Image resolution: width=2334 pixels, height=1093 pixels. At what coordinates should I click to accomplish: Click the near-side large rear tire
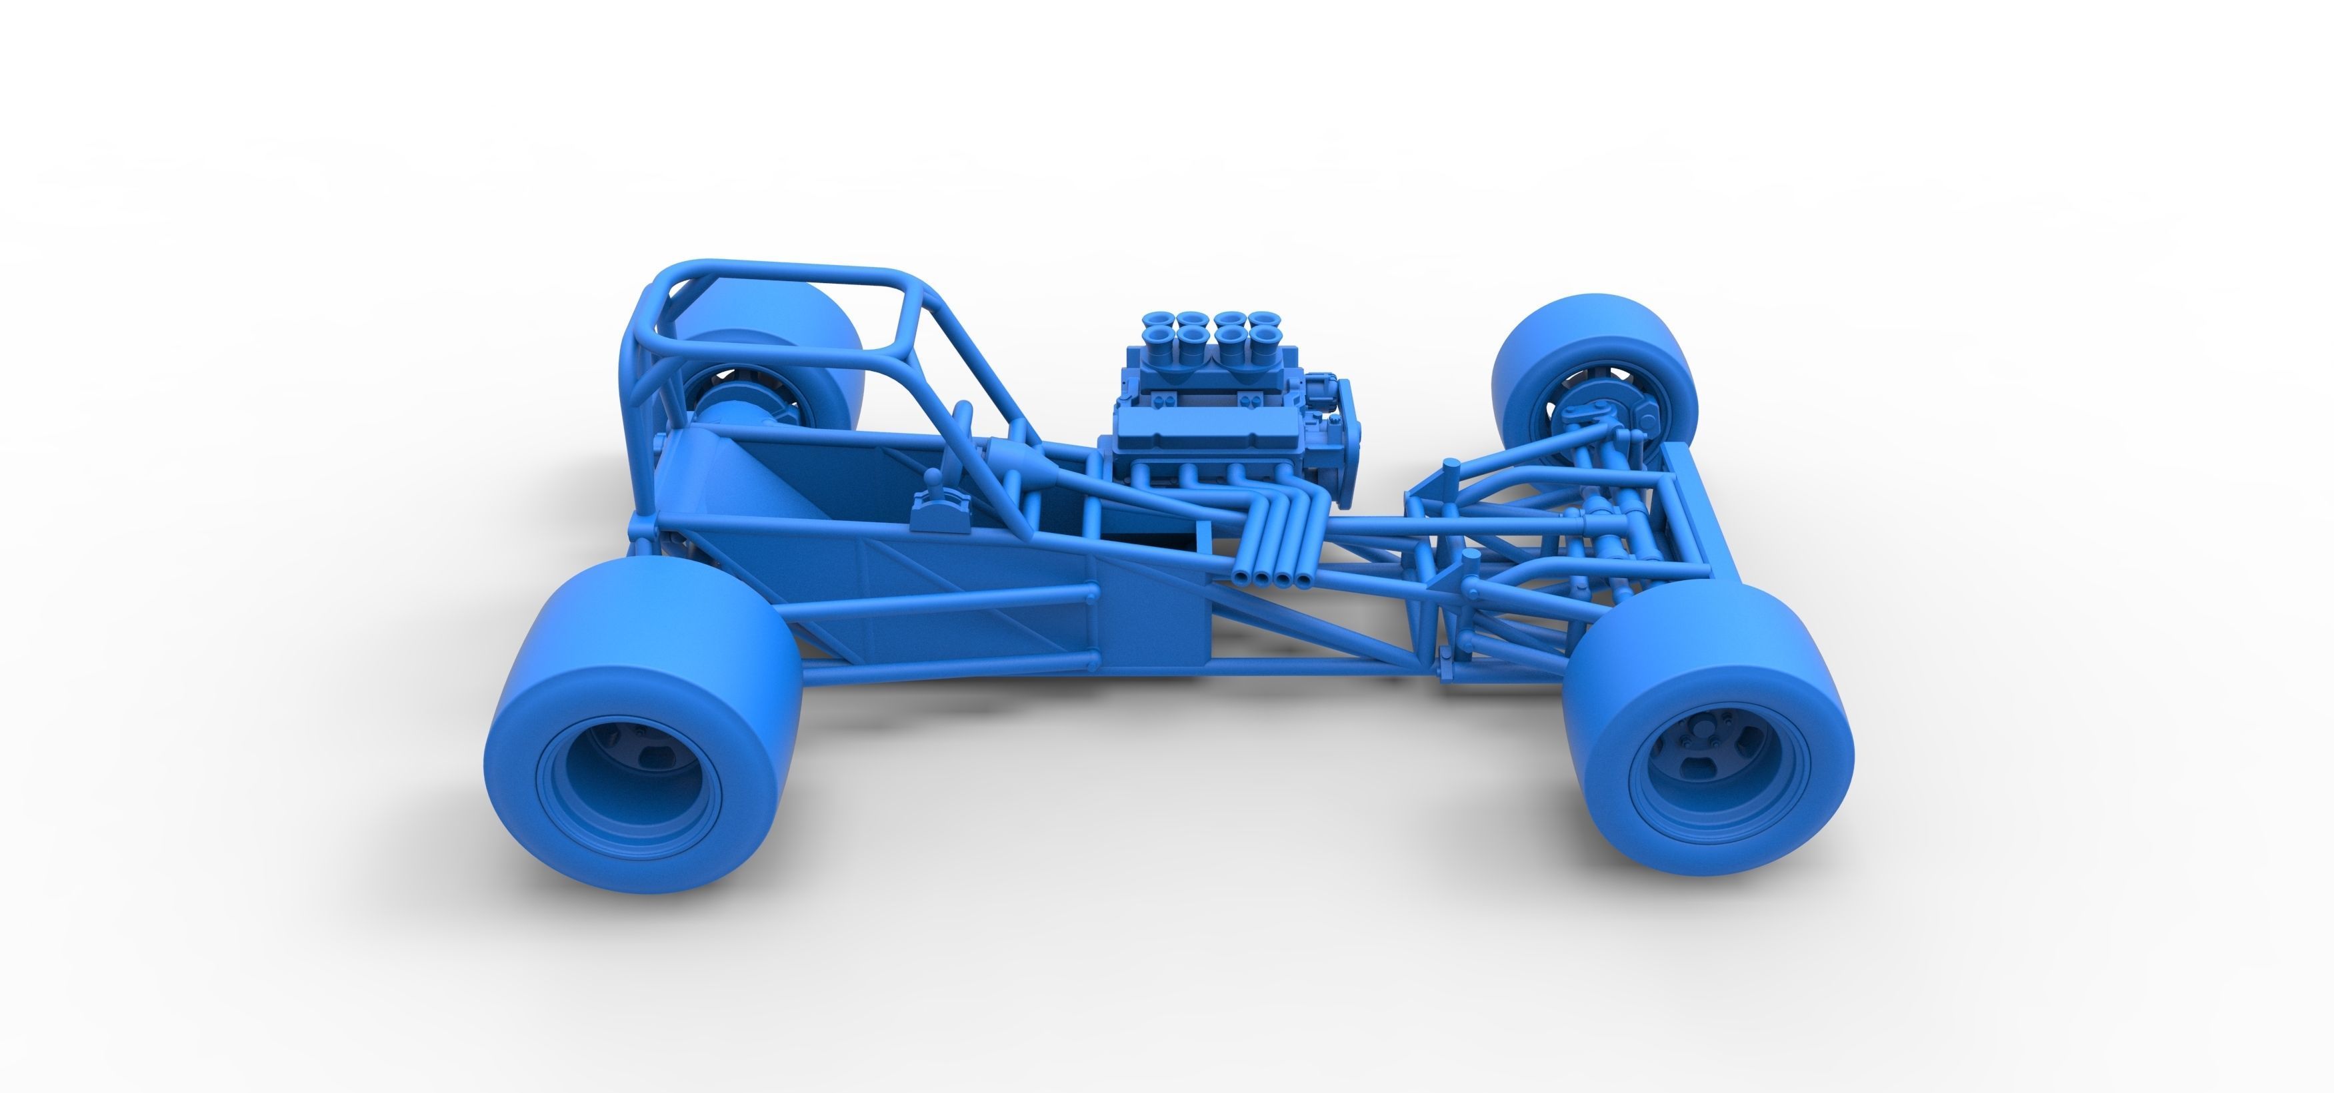point(634,670)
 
